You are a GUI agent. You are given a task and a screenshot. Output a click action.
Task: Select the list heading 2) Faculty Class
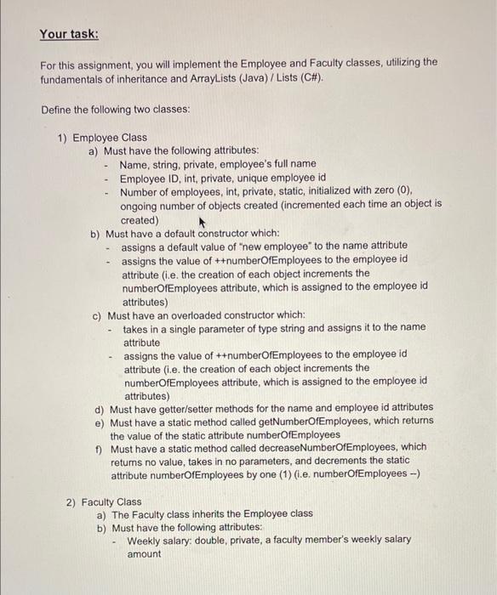tap(104, 501)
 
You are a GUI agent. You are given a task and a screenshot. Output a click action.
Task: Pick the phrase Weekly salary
tap(163, 540)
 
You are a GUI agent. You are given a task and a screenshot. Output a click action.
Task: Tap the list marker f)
tap(100, 447)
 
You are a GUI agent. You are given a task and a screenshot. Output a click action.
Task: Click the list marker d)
tap(100, 407)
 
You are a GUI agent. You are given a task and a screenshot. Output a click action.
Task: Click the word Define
tap(60, 110)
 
